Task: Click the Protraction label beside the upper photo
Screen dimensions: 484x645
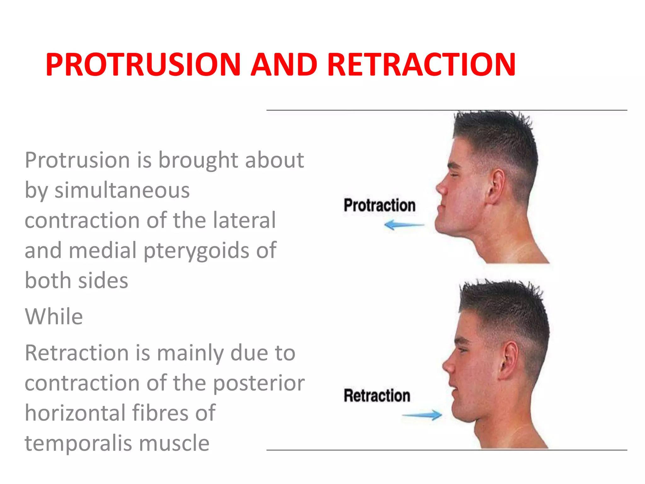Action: (380, 205)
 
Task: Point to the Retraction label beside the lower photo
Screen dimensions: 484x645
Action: (377, 395)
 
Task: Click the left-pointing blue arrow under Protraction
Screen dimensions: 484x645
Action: (404, 225)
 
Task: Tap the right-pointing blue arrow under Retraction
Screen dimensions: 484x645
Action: (422, 415)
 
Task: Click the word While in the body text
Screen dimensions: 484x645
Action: (54, 316)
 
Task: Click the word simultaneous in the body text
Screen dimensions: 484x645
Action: (122, 190)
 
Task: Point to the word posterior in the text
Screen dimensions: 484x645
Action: (259, 383)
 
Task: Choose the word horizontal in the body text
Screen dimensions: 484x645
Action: (75, 413)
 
